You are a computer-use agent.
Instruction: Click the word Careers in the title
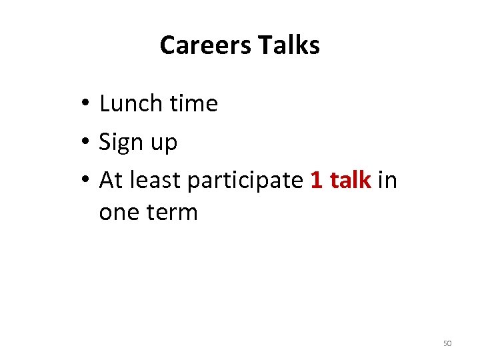[205, 45]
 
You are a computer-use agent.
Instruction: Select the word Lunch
[131, 104]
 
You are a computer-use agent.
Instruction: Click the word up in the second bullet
[164, 144]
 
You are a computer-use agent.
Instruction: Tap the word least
[157, 181]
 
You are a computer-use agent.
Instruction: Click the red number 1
[317, 181]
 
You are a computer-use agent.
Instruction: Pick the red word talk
[351, 181]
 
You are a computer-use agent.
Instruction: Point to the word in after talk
[387, 181]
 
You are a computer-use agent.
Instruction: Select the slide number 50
[447, 343]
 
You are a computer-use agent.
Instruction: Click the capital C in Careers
[167, 45]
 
